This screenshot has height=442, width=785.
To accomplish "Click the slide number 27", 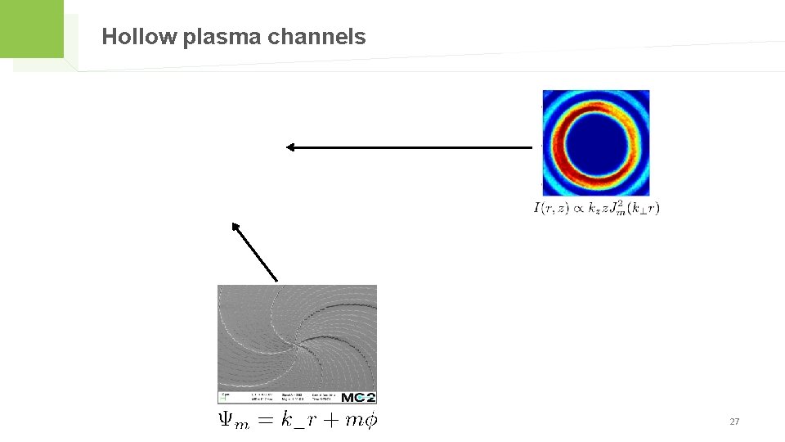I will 733,422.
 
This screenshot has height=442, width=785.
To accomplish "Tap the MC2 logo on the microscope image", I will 358,397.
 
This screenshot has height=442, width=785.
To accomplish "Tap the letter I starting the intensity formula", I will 537,208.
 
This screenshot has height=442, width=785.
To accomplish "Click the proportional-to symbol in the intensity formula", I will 578,209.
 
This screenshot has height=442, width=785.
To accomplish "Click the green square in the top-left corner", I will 31,29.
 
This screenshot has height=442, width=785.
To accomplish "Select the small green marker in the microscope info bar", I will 224,398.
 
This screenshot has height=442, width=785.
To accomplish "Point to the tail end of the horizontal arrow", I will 532,147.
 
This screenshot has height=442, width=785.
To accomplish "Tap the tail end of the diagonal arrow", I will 277,280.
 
